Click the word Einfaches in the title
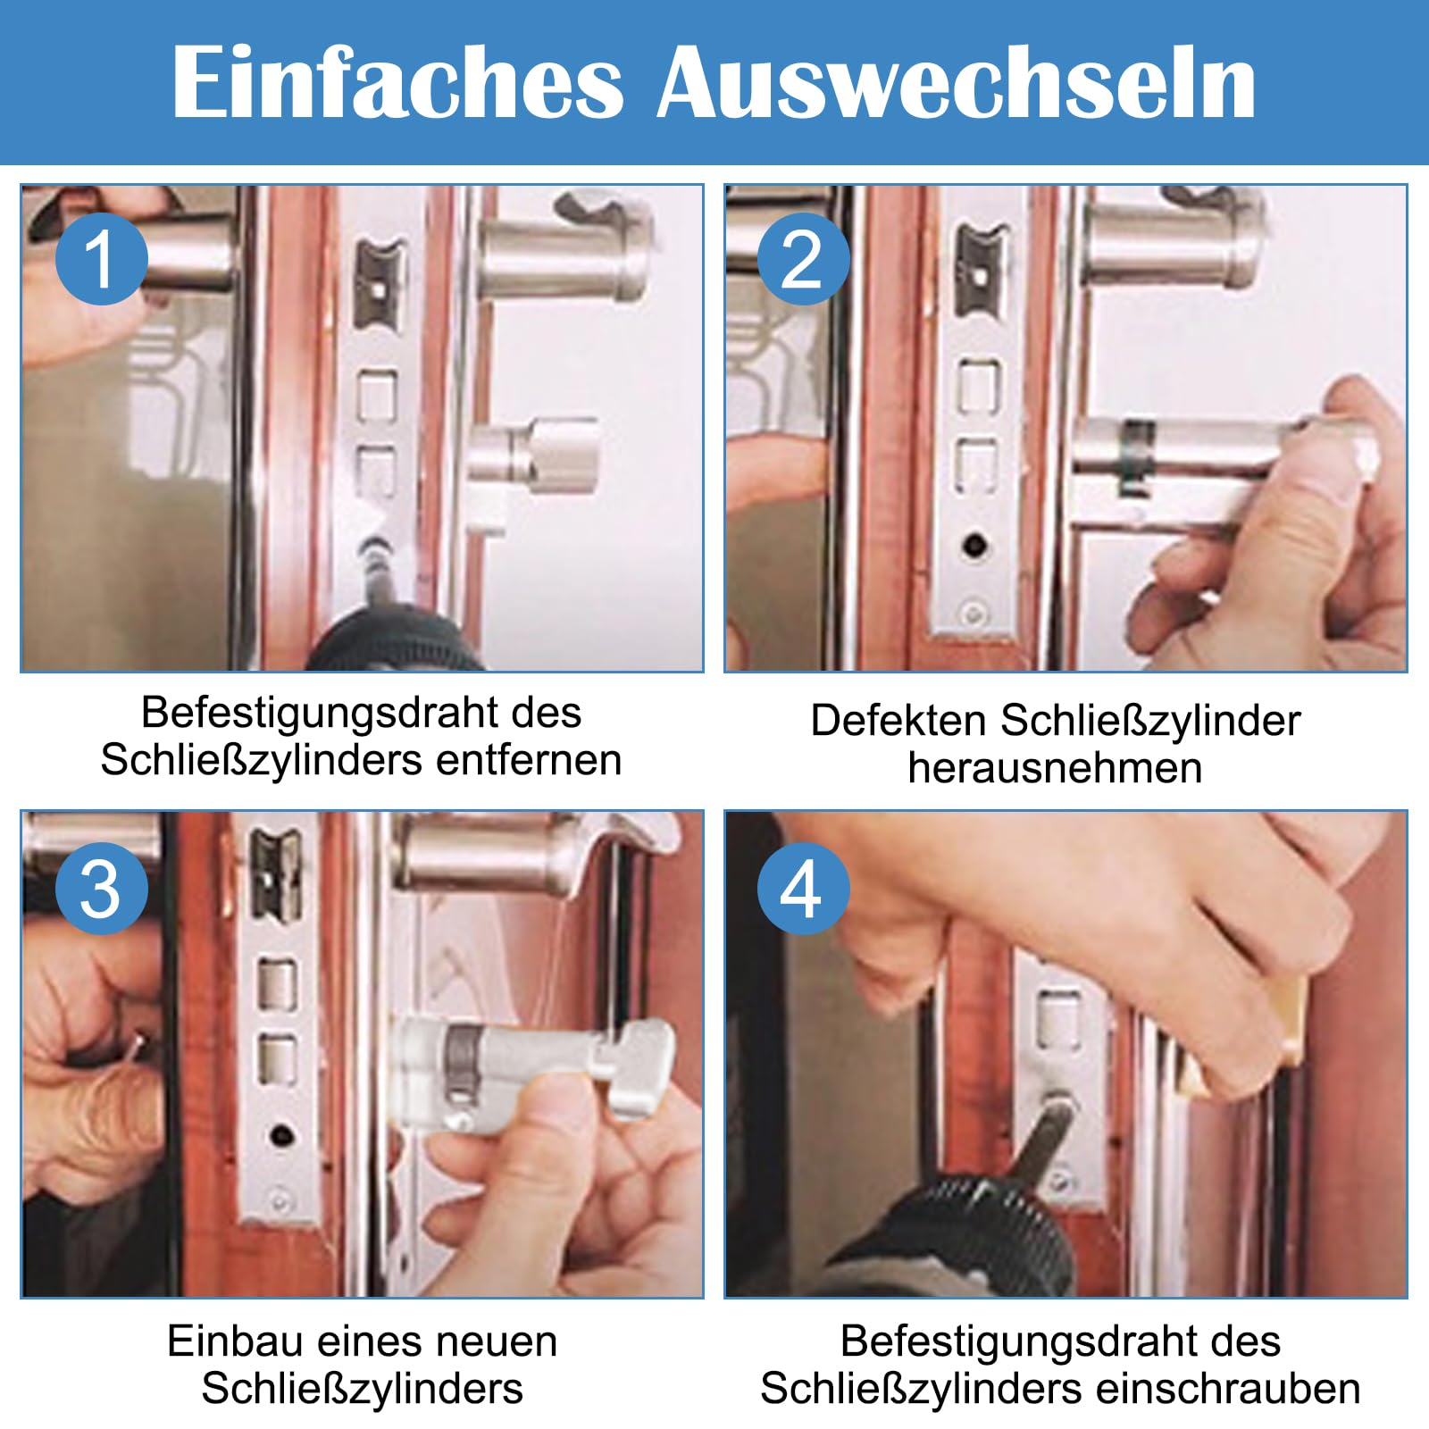tap(397, 81)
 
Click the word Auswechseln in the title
tap(957, 81)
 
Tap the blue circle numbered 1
tap(101, 259)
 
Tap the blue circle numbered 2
tap(803, 259)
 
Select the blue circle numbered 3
tap(101, 889)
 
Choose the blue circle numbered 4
tap(803, 889)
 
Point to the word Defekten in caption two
tap(898, 720)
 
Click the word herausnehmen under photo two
tap(1055, 768)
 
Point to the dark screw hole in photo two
tap(976, 543)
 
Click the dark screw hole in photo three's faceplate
tap(281, 1136)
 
